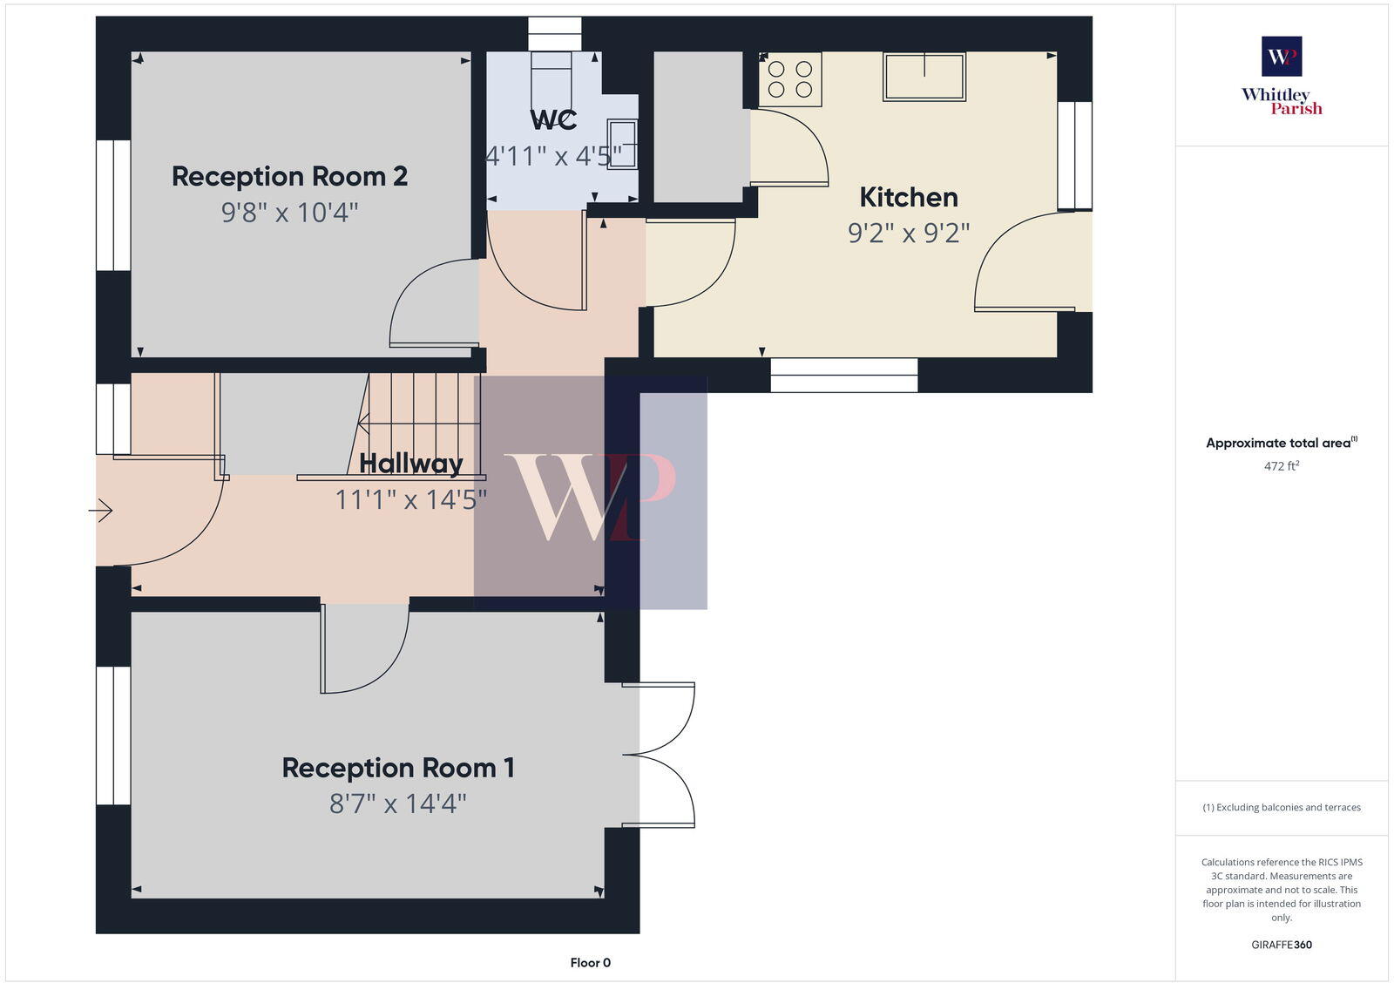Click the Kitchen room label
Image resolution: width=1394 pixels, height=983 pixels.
[908, 198]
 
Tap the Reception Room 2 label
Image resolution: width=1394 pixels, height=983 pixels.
[289, 177]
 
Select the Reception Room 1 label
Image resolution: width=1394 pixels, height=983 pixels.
[398, 768]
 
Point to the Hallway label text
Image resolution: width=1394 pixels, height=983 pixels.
[410, 463]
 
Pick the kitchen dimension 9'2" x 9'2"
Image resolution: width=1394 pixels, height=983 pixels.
[908, 234]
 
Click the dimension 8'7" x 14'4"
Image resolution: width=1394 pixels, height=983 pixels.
[398, 803]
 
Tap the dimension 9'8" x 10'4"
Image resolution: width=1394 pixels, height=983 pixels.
[289, 213]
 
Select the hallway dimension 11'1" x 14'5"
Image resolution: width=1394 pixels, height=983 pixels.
[410, 499]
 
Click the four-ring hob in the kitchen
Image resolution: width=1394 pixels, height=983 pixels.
[790, 78]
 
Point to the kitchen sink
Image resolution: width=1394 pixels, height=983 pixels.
[924, 77]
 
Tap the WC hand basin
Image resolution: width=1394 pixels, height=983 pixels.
[622, 144]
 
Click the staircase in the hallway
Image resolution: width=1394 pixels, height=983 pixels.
[423, 424]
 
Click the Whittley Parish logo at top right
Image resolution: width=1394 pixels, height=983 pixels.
[1282, 76]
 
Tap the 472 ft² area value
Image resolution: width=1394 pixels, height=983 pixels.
[1282, 466]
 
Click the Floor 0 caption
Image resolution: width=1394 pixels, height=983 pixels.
[590, 963]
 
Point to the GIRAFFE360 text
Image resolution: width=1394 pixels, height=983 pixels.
[1282, 945]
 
